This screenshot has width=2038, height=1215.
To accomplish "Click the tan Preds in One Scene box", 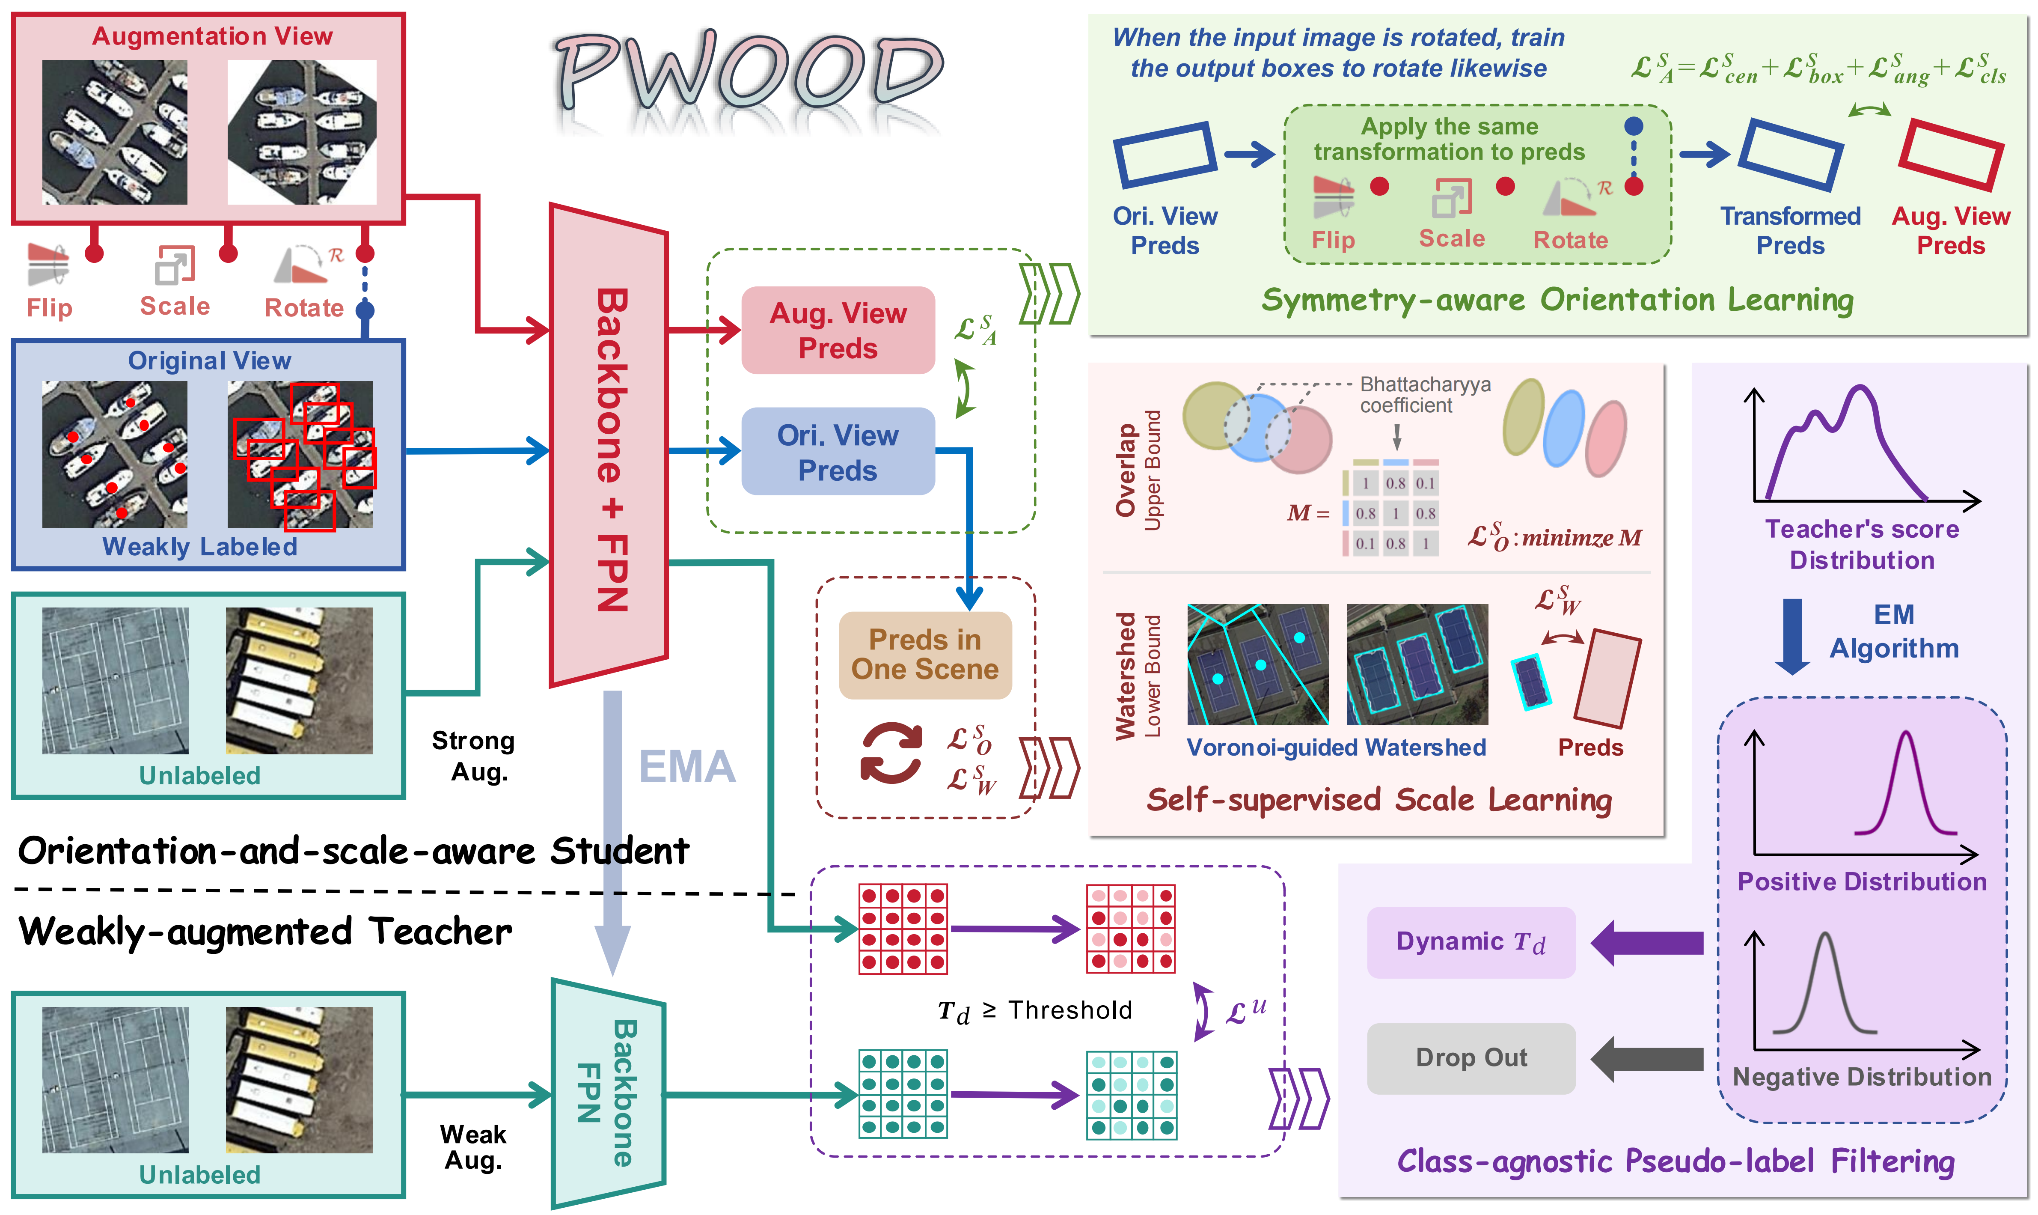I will [925, 655].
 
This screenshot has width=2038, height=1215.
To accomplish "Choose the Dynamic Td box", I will [1471, 942].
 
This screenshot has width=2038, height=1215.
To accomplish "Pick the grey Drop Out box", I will [1471, 1058].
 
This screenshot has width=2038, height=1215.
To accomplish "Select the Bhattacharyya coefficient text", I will [1424, 395].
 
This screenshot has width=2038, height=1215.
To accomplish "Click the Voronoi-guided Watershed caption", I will [1336, 747].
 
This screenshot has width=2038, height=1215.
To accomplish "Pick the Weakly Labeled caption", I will [200, 547].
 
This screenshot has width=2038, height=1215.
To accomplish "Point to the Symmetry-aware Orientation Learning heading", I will [1557, 301].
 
